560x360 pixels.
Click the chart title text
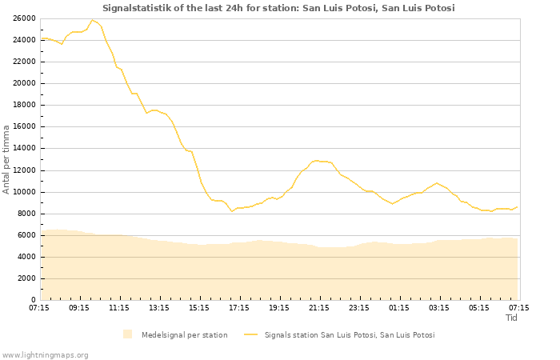tap(278, 8)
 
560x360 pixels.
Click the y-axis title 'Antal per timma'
tap(6, 158)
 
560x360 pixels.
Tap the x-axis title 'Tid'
tap(512, 318)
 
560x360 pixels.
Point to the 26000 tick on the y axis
tap(24, 18)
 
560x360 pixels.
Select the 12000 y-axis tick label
tap(24, 170)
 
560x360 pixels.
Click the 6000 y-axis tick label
tap(26, 235)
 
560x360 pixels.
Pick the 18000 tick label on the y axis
tap(24, 105)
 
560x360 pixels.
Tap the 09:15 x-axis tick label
tap(79, 307)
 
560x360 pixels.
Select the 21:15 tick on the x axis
tap(319, 307)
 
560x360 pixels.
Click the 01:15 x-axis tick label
tap(399, 307)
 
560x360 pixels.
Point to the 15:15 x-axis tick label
tap(199, 307)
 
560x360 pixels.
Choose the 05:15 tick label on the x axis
tap(479, 307)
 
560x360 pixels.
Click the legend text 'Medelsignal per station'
tap(184, 335)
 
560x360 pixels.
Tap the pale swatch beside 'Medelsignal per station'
tap(128, 335)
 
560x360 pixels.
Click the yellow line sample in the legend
tap(251, 335)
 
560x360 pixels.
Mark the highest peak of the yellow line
tap(93, 20)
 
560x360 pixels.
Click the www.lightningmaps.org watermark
tap(46, 355)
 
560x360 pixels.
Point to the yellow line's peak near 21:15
tap(317, 160)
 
